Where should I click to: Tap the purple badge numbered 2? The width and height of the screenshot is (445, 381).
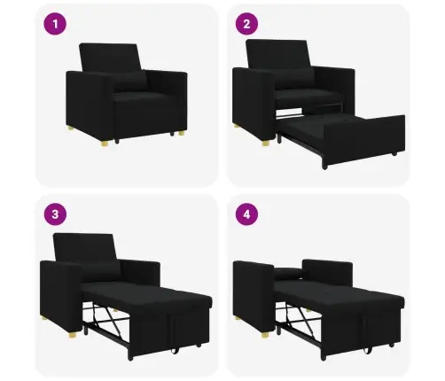coord(248,26)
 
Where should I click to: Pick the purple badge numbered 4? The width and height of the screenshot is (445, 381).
coord(248,215)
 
